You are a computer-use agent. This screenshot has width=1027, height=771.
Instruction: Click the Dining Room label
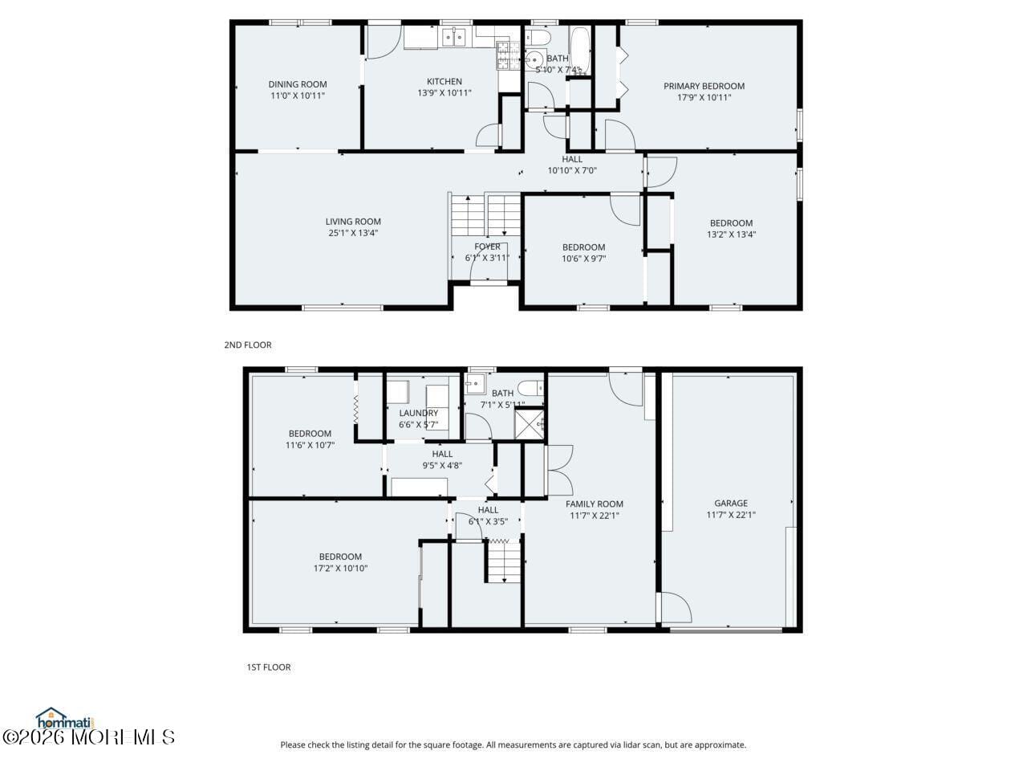(x=297, y=84)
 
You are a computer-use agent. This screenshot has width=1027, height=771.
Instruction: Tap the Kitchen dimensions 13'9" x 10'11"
(x=444, y=93)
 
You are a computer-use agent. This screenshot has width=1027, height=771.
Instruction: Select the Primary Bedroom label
(x=704, y=86)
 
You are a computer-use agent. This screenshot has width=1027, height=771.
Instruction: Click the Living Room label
(x=353, y=222)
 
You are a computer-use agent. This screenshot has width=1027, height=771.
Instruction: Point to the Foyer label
(x=487, y=247)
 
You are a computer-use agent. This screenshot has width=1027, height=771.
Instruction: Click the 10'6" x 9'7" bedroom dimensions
(x=583, y=259)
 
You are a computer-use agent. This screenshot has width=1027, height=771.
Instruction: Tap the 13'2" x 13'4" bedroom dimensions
(x=731, y=235)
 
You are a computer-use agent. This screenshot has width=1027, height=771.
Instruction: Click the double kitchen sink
(x=454, y=37)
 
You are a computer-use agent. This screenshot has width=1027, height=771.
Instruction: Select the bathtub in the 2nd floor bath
(x=580, y=51)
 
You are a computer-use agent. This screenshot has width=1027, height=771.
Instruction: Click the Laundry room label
(x=418, y=413)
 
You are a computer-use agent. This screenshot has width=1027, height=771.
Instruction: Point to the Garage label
(x=731, y=504)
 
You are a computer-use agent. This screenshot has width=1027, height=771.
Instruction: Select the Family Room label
(x=594, y=504)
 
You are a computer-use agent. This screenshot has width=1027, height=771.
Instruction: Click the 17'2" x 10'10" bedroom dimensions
(x=340, y=568)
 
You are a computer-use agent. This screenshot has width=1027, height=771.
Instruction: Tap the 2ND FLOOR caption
(x=248, y=345)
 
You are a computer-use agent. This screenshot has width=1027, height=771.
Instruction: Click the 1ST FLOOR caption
(x=268, y=667)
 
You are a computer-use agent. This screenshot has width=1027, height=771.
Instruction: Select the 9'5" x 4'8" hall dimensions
(x=442, y=465)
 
